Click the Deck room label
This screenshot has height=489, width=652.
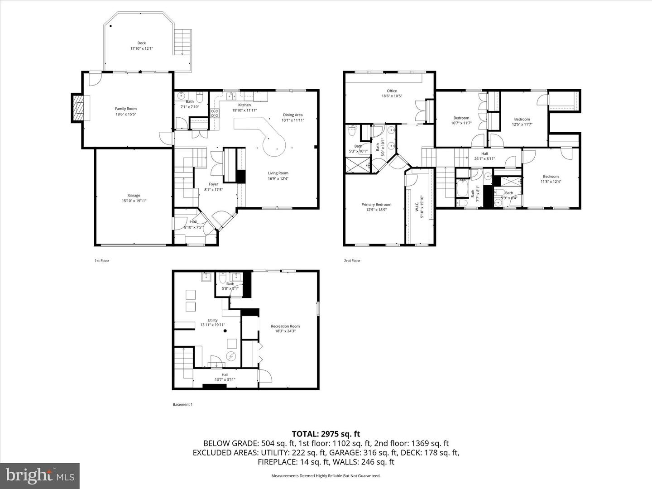141,43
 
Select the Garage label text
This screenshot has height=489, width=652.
134,196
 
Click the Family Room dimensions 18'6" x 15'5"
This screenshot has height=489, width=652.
126,115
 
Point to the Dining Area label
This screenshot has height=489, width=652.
292,115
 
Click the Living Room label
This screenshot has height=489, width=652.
278,173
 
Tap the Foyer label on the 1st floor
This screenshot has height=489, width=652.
213,184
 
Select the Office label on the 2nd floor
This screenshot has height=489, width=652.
392,91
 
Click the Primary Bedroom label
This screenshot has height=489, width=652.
376,205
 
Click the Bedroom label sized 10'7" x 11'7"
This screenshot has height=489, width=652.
461,118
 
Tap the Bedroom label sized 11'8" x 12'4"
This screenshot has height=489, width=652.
551,177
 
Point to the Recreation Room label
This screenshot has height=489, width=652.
285,326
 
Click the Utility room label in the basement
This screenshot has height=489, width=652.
212,320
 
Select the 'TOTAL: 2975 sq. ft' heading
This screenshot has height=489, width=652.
326,434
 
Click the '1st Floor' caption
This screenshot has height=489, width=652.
102,261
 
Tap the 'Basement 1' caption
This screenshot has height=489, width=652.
182,404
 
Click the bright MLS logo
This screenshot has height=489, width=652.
40,475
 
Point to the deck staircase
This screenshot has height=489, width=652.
183,42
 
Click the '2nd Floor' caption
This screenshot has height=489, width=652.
352,261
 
